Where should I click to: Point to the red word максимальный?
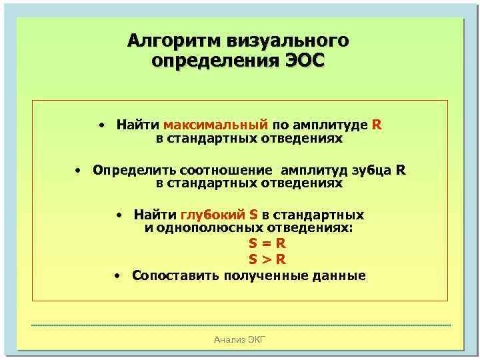coord(215,124)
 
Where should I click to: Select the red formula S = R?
coord(267,244)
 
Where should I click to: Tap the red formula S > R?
coord(267,260)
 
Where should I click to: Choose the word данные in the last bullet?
coord(342,275)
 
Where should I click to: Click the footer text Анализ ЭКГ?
coord(240,341)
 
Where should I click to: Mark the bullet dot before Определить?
coord(77,170)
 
